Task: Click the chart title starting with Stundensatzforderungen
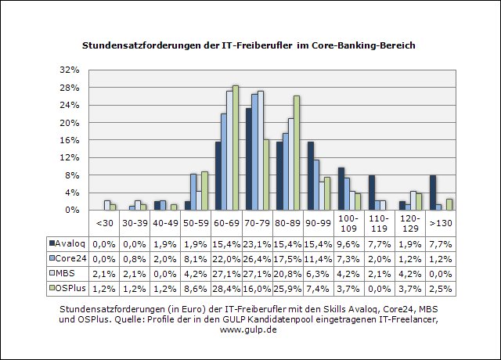(x=249, y=45)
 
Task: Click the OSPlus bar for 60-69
(x=236, y=147)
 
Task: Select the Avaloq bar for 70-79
(x=249, y=159)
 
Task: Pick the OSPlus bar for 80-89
(x=297, y=153)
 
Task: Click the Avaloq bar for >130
(x=432, y=193)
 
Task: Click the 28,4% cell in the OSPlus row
(x=227, y=288)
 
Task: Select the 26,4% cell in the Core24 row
(x=258, y=257)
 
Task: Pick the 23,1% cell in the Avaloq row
(x=258, y=243)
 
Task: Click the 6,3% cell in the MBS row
(x=319, y=273)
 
